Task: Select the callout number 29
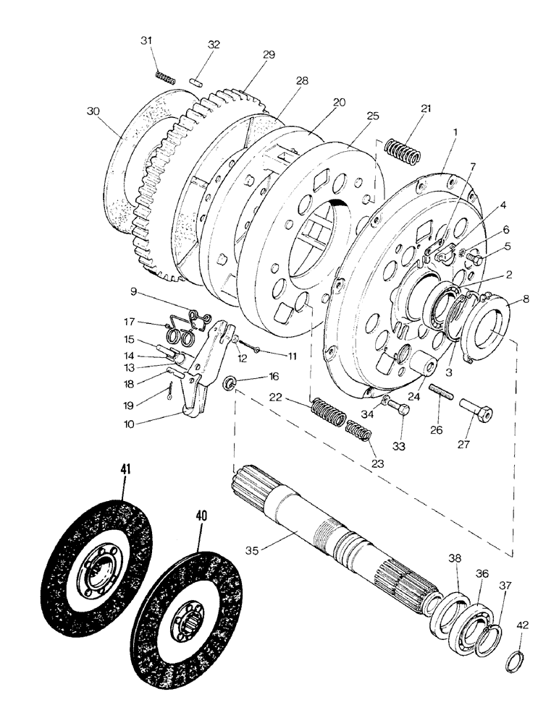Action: (249, 55)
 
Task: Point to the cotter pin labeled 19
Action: (168, 391)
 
